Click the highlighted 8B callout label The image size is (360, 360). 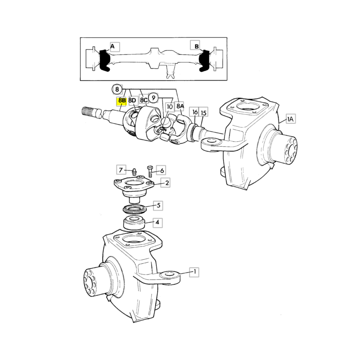click(121, 101)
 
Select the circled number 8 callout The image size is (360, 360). click(117, 89)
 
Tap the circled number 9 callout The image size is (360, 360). click(153, 98)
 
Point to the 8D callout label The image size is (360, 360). click(132, 100)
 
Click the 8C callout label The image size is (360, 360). click(144, 100)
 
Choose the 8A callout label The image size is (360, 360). click(180, 106)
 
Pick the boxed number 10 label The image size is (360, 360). click(170, 107)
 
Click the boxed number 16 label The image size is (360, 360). click(195, 112)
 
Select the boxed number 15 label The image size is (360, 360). click(203, 113)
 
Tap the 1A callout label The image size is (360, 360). click(291, 119)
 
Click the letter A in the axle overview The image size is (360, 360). click(112, 47)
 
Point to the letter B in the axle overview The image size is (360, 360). click(197, 46)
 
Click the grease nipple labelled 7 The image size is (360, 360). click(134, 171)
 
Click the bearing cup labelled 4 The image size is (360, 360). click(134, 222)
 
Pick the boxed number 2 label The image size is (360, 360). click(166, 183)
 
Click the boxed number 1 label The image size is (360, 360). click(194, 272)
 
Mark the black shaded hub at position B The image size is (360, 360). click(204, 61)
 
